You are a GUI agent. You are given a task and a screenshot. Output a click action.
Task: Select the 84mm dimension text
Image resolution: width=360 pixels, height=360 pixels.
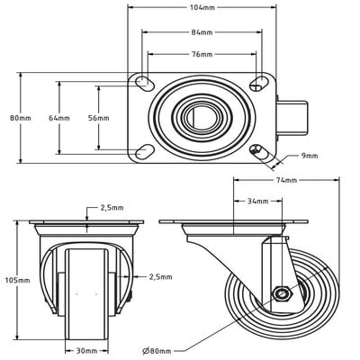[202, 33]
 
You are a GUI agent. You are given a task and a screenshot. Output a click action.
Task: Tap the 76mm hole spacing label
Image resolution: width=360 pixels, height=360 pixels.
[202, 54]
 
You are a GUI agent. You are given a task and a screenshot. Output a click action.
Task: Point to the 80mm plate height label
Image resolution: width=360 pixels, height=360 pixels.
[19, 118]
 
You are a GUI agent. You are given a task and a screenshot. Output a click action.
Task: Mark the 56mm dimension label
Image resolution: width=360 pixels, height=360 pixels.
[97, 118]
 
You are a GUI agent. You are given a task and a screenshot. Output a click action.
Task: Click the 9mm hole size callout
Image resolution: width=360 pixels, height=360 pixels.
[310, 156]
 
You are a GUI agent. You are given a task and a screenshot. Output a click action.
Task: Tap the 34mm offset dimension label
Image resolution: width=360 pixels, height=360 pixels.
[257, 202]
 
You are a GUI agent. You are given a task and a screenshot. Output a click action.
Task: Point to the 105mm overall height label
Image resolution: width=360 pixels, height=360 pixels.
[17, 281]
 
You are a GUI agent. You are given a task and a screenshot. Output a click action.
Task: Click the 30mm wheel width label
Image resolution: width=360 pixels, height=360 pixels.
[86, 351]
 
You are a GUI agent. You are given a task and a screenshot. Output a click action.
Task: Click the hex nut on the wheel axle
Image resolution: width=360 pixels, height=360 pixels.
[281, 293]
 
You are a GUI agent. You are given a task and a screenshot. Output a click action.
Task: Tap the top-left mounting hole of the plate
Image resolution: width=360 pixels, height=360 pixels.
[142, 83]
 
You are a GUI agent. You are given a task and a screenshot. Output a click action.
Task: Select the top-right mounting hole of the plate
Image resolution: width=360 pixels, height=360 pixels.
[259, 83]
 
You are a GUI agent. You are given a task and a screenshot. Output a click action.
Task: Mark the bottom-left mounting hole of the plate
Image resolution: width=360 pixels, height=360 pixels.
[142, 150]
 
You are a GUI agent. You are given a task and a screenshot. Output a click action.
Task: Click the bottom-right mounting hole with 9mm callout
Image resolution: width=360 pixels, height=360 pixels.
[259, 150]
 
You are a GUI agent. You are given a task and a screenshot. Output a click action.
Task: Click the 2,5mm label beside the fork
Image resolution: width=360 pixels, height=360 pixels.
[160, 276]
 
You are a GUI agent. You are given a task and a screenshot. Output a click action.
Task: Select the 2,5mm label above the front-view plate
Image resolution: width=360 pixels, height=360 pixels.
[112, 208]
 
